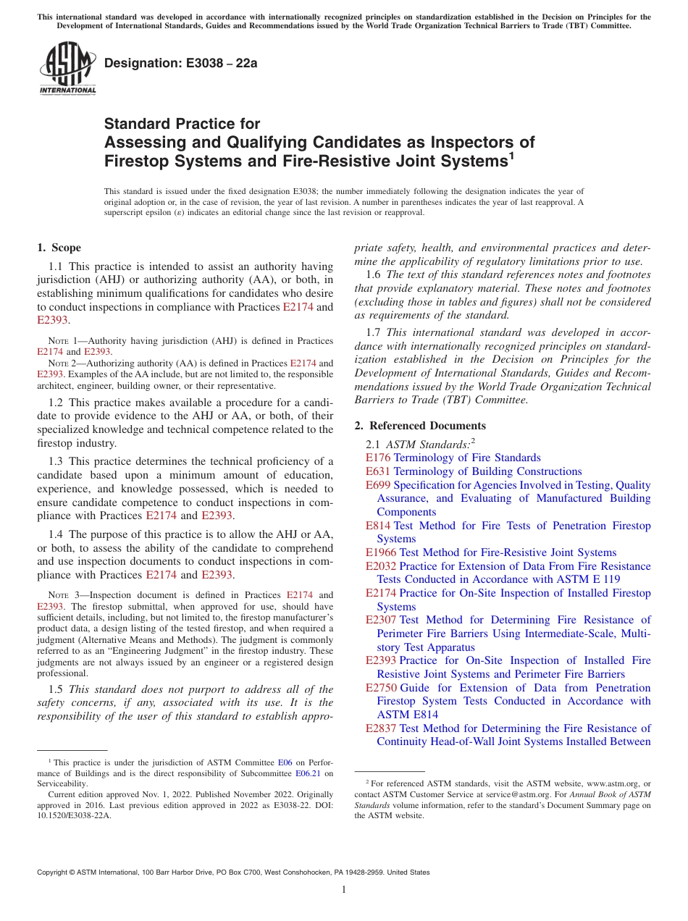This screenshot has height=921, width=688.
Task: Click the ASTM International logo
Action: (67, 69)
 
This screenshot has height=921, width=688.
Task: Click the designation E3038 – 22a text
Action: (181, 63)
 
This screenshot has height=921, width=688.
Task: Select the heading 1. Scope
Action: (59, 248)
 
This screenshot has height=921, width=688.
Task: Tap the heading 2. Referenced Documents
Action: (420, 426)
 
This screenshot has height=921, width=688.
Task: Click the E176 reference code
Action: (377, 458)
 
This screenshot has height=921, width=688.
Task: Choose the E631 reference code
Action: (377, 471)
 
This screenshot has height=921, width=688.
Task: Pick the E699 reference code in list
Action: (377, 485)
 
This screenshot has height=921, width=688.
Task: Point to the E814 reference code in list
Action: (377, 526)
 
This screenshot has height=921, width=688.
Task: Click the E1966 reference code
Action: (380, 552)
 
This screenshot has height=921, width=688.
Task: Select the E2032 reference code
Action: (380, 566)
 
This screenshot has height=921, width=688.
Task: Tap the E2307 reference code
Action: (380, 620)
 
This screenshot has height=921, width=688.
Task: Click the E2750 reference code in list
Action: (380, 688)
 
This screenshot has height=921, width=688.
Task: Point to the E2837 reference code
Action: (380, 728)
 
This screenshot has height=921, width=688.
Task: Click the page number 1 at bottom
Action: (344, 890)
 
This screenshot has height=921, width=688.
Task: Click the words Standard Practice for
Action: (183, 124)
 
